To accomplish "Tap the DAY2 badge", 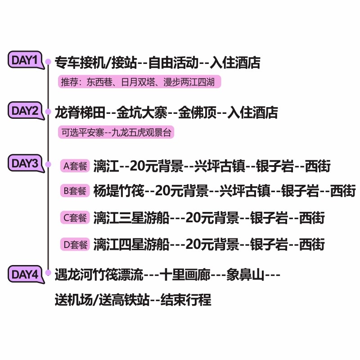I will pos(25,110).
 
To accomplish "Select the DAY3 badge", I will pos(25,163).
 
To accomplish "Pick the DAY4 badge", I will pos(25,274).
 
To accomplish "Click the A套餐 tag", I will pos(75,166).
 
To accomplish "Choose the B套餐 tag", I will pos(75,191).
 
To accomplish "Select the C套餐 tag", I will pos(75,218).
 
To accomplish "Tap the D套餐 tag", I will pos(75,245).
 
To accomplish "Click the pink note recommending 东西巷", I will pos(139,83).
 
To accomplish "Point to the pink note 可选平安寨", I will pos(116,133).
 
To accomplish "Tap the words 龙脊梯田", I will pos(79,112).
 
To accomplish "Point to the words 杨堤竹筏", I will pos(119,192).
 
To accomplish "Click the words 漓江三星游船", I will pos(131,218).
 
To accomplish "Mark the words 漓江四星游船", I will pos(131,245).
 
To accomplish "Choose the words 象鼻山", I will pos(245,274).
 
